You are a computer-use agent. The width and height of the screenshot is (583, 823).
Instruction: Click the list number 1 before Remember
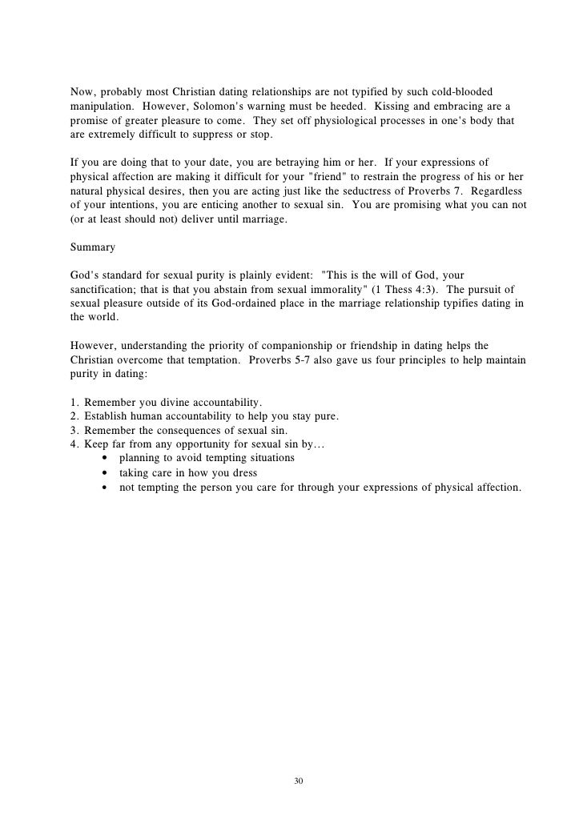pyautogui.click(x=74, y=400)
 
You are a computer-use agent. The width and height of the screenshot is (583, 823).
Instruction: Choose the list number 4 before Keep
pyautogui.click(x=74, y=444)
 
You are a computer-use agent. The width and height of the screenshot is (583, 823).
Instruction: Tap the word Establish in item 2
pyautogui.click(x=109, y=415)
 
